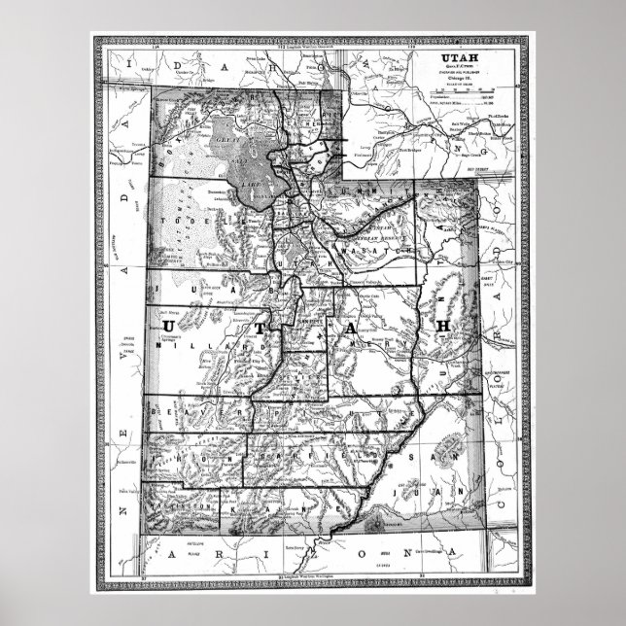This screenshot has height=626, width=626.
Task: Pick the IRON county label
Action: [199, 454]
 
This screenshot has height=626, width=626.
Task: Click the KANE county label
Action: [292, 507]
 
